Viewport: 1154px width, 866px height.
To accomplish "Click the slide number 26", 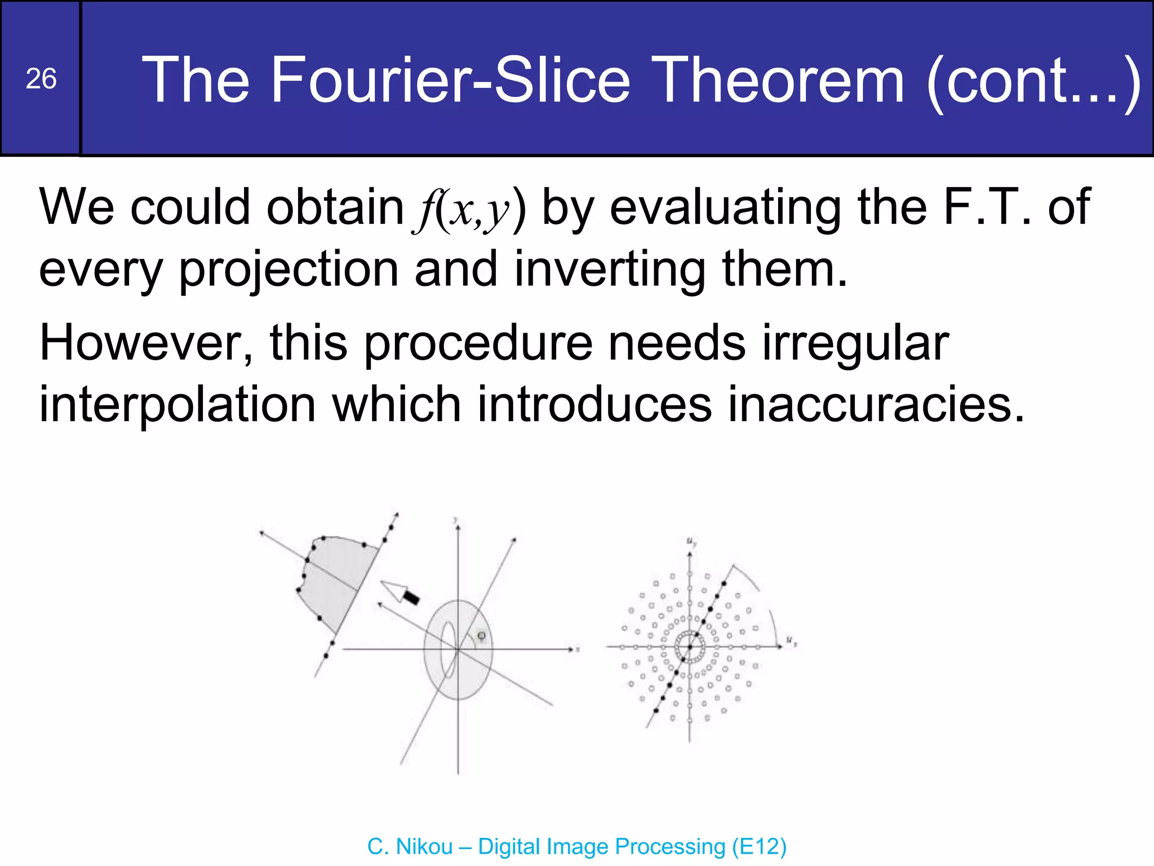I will tap(41, 79).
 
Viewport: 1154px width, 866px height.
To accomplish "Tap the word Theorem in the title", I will tap(780, 80).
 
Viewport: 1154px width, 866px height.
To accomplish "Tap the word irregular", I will tap(856, 344).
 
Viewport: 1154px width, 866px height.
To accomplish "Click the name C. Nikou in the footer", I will tap(410, 847).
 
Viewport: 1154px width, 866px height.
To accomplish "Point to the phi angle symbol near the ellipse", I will tap(481, 635).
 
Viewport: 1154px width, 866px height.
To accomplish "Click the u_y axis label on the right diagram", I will tap(691, 542).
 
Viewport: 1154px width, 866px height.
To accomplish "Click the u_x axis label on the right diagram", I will tap(791, 641).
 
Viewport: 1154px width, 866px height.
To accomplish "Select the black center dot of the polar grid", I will tap(690, 647).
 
